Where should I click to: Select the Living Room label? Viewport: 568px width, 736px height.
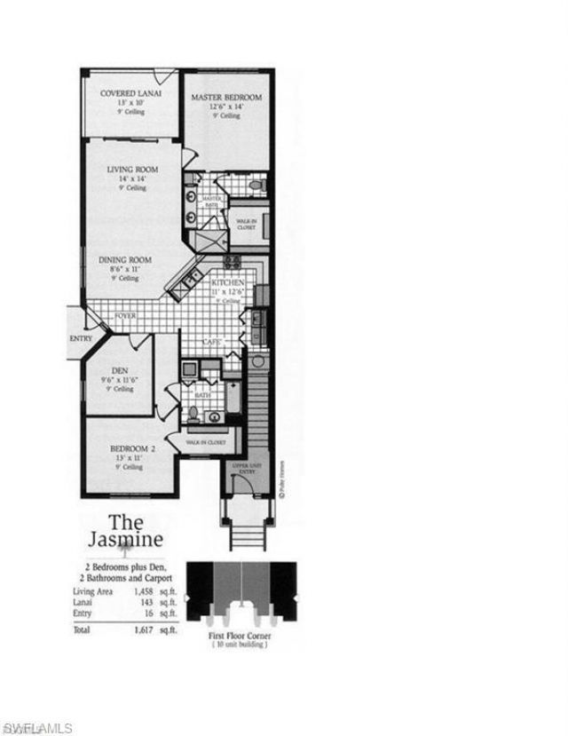click(132, 170)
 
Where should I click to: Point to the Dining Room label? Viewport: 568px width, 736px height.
click(124, 260)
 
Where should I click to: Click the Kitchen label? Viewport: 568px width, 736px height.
click(227, 281)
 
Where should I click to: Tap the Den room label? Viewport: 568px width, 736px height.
click(120, 370)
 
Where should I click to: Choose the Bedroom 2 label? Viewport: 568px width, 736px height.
click(132, 448)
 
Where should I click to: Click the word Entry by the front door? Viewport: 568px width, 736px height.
click(81, 337)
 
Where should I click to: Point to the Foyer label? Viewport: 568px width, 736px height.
click(124, 314)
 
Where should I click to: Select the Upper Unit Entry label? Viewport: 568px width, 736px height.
click(243, 468)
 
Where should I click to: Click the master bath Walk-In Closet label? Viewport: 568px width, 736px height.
click(246, 223)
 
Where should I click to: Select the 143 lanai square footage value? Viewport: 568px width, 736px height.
click(147, 601)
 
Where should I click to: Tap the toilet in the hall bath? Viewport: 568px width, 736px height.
click(193, 412)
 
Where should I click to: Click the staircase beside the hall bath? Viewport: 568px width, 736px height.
click(256, 408)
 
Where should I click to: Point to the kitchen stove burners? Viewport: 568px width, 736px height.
click(232, 261)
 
